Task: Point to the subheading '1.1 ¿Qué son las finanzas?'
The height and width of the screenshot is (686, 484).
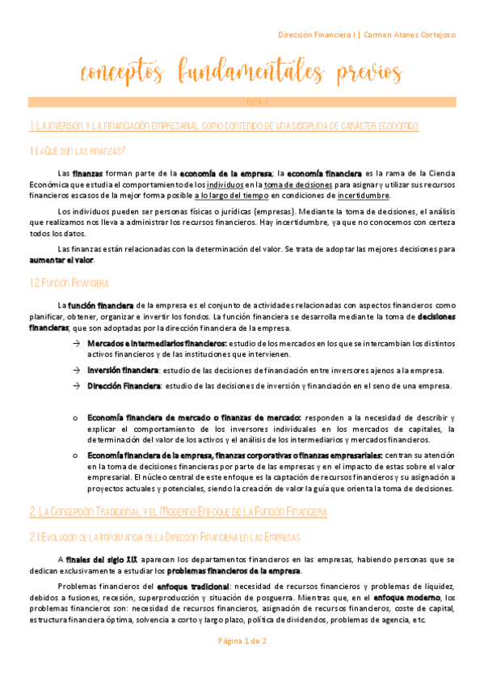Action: coord(77,151)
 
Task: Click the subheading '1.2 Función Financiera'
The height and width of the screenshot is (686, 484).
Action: coord(74,282)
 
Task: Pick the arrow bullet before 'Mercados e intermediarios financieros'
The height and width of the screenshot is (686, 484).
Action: coord(76,344)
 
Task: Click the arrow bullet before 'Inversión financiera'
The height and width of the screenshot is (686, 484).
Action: coord(76,370)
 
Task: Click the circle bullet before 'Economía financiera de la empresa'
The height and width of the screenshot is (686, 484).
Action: coord(75,455)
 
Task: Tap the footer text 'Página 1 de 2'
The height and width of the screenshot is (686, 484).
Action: coord(242,663)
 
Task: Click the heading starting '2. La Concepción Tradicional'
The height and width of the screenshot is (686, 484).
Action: coord(177,490)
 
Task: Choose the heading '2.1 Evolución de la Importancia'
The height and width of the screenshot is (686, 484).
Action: coord(164,514)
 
